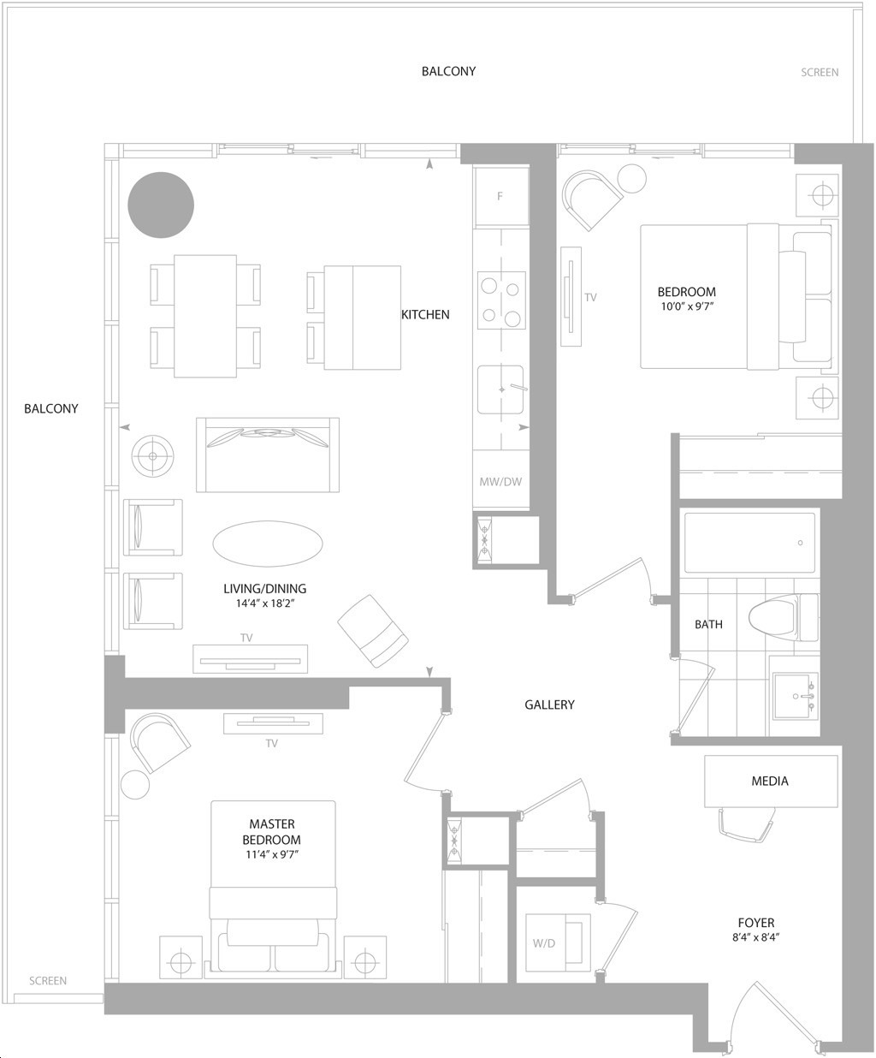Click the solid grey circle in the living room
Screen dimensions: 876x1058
tap(161, 205)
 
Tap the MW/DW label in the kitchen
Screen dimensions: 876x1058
tap(500, 482)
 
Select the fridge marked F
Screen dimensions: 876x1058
tap(501, 197)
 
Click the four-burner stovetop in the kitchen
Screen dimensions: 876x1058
tap(501, 301)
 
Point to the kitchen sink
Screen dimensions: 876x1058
tap(500, 389)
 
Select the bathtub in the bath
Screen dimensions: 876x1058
tap(749, 543)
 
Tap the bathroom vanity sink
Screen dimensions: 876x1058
tap(796, 696)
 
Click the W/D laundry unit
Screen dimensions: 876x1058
tap(558, 943)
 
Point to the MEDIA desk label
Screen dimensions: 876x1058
tap(770, 781)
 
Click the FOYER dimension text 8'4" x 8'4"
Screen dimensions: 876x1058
tap(755, 937)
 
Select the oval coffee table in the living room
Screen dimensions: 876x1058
tap(268, 544)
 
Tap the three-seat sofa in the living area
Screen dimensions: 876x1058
tap(268, 455)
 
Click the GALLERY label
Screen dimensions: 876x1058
tap(549, 704)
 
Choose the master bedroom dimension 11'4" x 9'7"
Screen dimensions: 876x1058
tap(272, 854)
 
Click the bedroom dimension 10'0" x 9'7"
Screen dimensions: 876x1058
tap(687, 306)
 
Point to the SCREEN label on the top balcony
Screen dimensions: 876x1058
tap(820, 73)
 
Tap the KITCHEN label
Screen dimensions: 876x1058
tap(425, 315)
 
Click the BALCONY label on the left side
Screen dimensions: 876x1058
tap(51, 408)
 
